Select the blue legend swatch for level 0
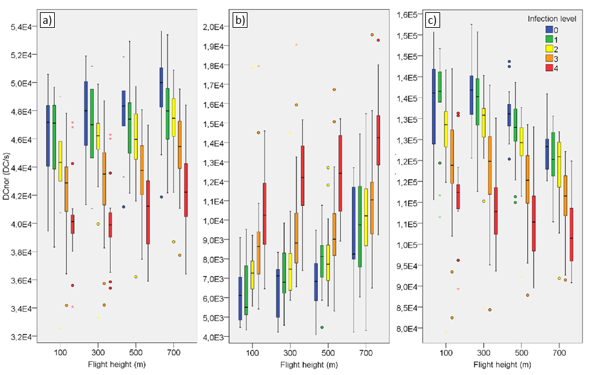pyautogui.click(x=550, y=29)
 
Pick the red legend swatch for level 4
pyautogui.click(x=550, y=68)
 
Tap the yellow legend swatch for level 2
pyautogui.click(x=550, y=48)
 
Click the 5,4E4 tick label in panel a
pyautogui.click(x=21, y=27)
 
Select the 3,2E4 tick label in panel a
pyautogui.click(x=21, y=337)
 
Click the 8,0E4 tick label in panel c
pyautogui.click(x=409, y=329)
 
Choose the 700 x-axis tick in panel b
pyautogui.click(x=365, y=354)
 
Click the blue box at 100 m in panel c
pyautogui.click(x=434, y=106)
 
